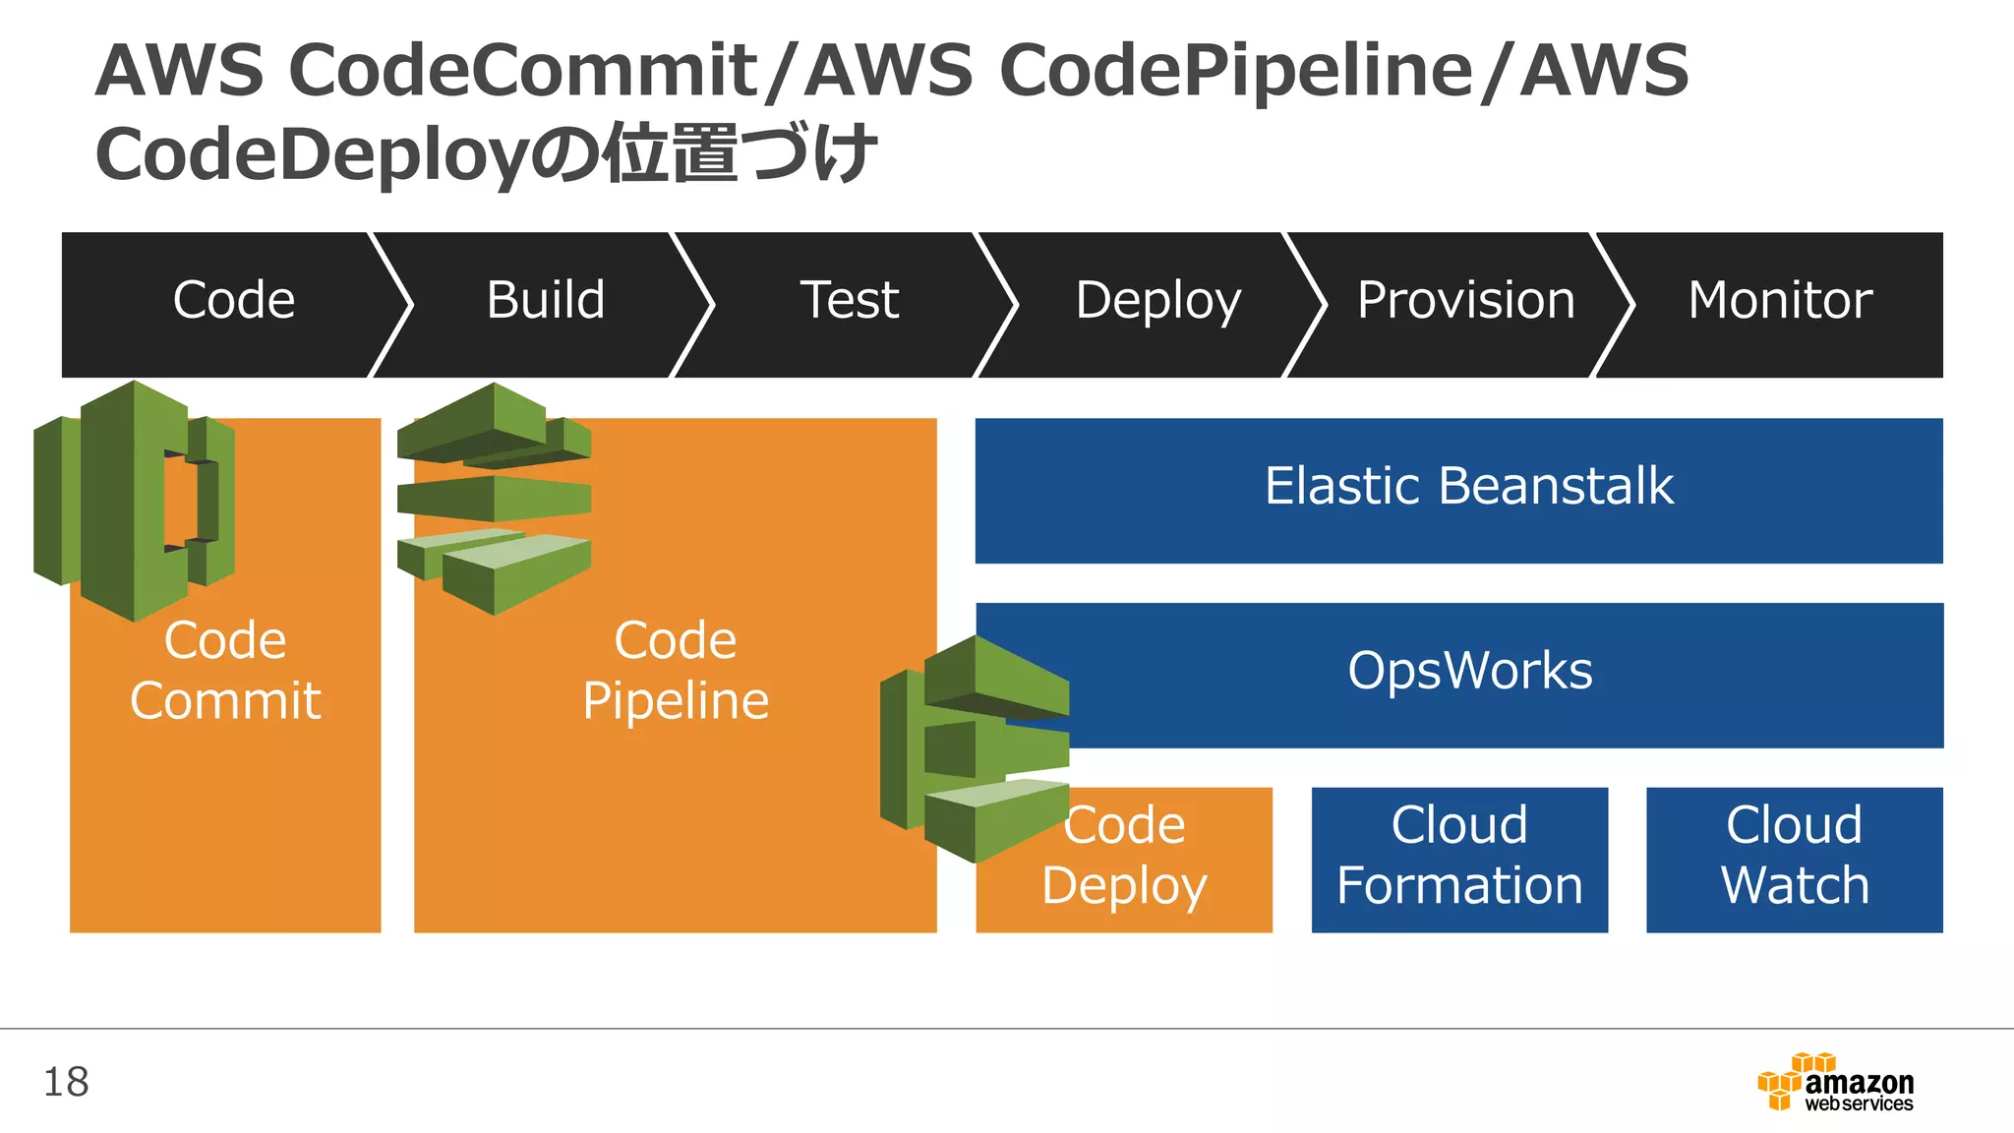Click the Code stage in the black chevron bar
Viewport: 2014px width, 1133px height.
point(234,300)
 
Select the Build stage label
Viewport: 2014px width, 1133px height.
point(546,300)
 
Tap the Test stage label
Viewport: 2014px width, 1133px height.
point(850,300)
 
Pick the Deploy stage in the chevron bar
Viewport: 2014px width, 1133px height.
point(1158,300)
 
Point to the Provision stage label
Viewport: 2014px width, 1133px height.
point(1465,300)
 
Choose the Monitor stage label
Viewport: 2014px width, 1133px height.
point(1780,300)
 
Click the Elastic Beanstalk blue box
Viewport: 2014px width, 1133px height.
point(1468,487)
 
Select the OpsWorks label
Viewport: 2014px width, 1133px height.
point(1469,671)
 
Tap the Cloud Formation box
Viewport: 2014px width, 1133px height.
point(1459,856)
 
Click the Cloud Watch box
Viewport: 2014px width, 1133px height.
point(1794,856)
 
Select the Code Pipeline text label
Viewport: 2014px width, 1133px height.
point(675,671)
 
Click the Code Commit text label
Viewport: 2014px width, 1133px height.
point(225,671)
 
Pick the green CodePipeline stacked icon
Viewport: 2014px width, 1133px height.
point(494,497)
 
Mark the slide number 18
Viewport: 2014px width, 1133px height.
point(66,1082)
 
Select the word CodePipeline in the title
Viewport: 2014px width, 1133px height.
point(1235,71)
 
